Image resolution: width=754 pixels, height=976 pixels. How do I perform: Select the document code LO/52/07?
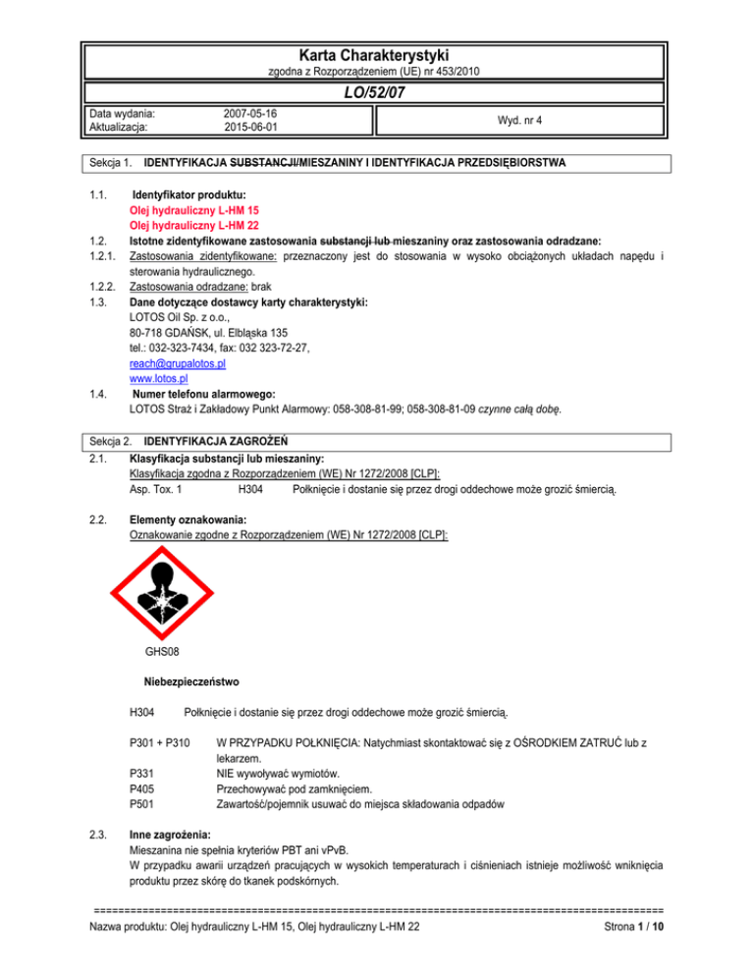377,92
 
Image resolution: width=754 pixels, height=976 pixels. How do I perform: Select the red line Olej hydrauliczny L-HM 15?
191,210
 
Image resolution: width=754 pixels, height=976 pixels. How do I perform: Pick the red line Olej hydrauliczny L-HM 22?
191,225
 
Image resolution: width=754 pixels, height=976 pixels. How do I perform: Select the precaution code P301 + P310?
160,743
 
